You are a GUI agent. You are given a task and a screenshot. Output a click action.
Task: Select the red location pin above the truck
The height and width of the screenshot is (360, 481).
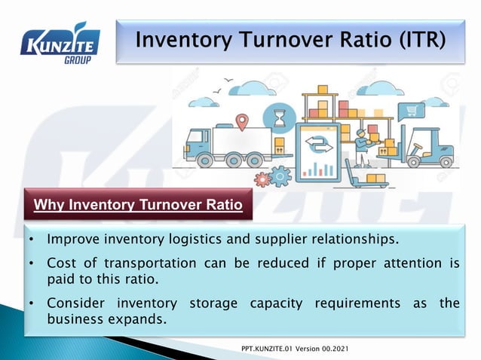pyautogui.click(x=241, y=121)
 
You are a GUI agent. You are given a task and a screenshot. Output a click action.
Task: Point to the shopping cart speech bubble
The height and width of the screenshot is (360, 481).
pyautogui.click(x=412, y=111)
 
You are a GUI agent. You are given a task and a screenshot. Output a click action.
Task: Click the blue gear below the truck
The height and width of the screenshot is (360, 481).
pyautogui.click(x=280, y=177)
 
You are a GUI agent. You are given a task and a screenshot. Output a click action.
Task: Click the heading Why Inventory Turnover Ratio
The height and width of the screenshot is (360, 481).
pyautogui.click(x=139, y=204)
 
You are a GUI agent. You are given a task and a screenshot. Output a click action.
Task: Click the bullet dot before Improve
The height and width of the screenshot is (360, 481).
pyautogui.click(x=31, y=240)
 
